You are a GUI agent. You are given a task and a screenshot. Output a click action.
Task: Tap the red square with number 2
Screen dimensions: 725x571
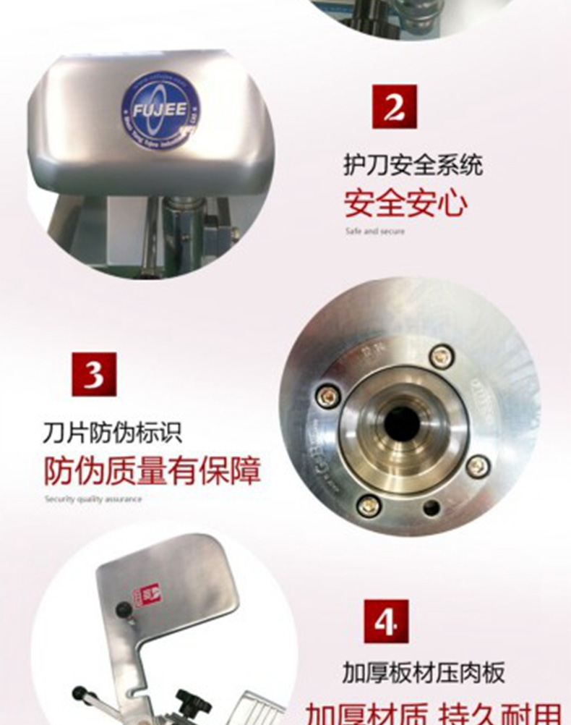394,107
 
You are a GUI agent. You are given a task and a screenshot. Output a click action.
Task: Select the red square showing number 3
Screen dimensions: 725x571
94,374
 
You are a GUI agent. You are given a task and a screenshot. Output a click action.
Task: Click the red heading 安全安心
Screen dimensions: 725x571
405,203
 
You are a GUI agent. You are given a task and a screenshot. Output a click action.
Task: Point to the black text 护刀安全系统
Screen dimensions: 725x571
413,167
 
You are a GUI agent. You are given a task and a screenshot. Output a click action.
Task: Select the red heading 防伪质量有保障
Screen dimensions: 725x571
152,470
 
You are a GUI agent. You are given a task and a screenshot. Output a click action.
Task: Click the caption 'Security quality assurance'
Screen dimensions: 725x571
93,499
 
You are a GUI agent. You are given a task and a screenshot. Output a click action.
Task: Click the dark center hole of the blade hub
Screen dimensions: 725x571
402,424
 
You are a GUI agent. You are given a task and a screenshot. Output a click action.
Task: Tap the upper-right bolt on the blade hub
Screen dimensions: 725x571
441,356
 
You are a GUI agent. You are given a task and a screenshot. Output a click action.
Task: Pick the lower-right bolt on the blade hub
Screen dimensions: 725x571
477,465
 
